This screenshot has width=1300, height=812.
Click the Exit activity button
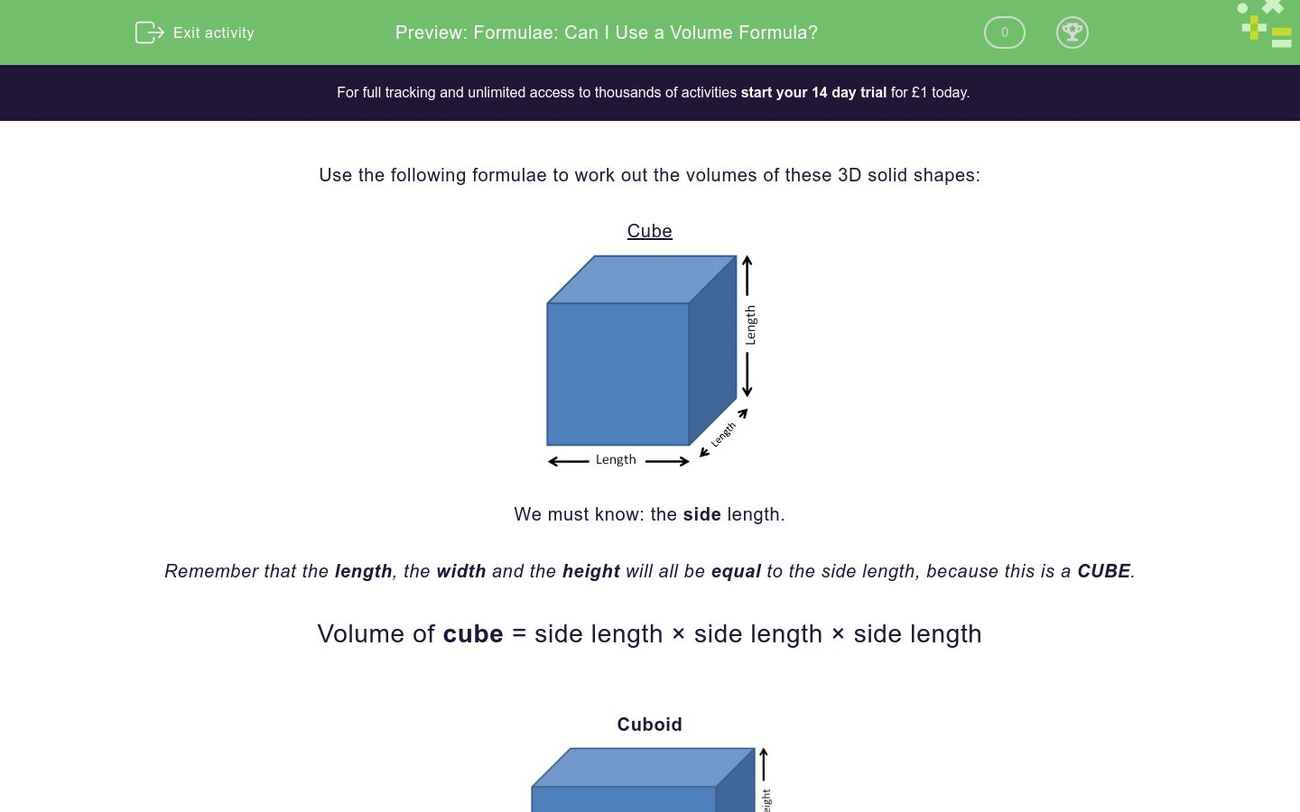[x=195, y=32]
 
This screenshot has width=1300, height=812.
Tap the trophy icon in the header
[x=1072, y=32]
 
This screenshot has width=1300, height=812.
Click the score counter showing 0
[x=1004, y=32]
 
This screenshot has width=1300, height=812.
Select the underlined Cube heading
[x=649, y=231]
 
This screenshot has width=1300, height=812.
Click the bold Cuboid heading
[x=649, y=724]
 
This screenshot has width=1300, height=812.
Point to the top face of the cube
[x=642, y=280]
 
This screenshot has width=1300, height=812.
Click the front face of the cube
[x=617, y=374]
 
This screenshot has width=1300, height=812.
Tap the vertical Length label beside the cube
[x=750, y=325]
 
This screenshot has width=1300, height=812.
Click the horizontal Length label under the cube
[x=616, y=460]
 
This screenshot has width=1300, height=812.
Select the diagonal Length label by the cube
[x=723, y=435]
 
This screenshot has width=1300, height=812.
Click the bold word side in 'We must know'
[x=701, y=514]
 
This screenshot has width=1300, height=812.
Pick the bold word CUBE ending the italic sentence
[x=1103, y=571]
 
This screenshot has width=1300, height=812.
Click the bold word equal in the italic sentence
[x=736, y=571]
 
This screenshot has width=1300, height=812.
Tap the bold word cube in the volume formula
[x=473, y=634]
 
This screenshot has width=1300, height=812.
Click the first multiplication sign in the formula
[x=678, y=634]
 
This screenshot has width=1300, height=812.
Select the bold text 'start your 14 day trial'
[x=813, y=92]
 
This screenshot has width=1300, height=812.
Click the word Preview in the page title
[x=431, y=32]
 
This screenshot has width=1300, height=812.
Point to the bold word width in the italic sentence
[x=460, y=571]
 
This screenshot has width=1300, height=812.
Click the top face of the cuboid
[x=643, y=767]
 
